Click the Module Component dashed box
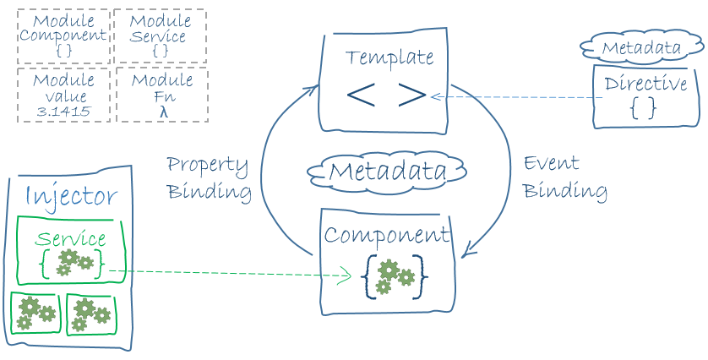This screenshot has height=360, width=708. (63, 35)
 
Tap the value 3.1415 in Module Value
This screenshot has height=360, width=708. (63, 111)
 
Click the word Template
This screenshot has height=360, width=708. (389, 58)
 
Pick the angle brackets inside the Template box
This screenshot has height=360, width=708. (385, 95)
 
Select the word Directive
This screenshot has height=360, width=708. (645, 85)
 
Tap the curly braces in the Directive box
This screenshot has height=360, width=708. (643, 107)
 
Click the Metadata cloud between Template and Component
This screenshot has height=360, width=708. (387, 172)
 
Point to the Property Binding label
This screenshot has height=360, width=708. (208, 177)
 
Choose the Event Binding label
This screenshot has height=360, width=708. (564, 177)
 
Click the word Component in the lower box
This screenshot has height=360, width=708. (388, 234)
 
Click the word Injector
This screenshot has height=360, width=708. (71, 196)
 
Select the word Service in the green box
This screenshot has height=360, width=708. (71, 239)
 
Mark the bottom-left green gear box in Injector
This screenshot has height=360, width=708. (35, 313)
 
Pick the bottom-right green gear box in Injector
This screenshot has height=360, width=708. (90, 314)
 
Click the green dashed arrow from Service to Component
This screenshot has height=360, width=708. (237, 273)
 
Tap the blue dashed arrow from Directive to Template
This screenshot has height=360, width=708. (515, 97)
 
